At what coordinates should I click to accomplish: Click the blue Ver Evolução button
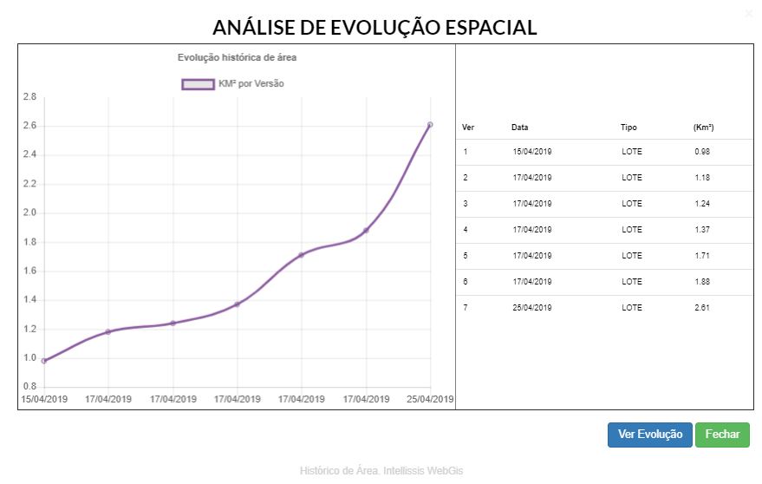(649, 435)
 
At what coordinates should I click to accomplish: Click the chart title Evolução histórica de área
(238, 57)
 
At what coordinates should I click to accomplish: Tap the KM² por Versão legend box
(198, 84)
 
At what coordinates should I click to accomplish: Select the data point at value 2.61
(430, 125)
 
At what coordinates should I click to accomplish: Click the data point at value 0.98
(43, 361)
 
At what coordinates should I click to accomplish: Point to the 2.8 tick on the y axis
(29, 97)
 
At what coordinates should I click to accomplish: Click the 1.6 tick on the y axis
(29, 271)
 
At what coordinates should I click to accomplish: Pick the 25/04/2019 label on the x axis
(431, 399)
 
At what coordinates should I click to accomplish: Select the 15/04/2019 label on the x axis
(43, 399)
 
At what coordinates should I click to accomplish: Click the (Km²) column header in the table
(703, 128)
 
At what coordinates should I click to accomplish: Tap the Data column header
(519, 128)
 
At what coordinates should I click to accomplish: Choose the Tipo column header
(628, 128)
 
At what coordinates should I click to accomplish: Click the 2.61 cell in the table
(702, 308)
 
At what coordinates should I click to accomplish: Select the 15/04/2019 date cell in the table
(531, 152)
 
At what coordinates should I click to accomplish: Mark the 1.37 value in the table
(702, 230)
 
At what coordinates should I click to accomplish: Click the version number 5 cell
(466, 256)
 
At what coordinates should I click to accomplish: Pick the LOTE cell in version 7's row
(632, 308)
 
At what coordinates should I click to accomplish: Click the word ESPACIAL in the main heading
(479, 28)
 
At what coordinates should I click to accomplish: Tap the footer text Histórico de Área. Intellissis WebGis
(381, 470)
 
